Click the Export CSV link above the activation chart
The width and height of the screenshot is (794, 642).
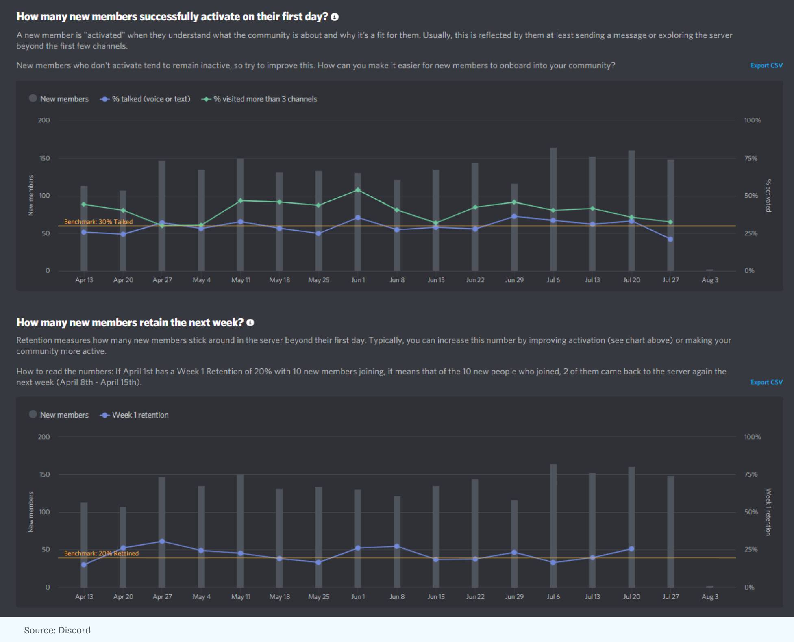[x=766, y=65]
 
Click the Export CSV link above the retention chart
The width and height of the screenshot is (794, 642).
[x=766, y=382]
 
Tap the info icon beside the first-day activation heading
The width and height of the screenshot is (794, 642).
[x=335, y=17]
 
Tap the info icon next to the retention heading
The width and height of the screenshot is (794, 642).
[x=250, y=322]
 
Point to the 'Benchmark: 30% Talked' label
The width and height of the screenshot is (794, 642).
[x=98, y=222]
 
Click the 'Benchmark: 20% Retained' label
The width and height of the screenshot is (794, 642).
[x=101, y=553]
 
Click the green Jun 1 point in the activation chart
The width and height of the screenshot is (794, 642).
[x=358, y=190]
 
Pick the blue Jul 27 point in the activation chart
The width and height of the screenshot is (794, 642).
[x=670, y=239]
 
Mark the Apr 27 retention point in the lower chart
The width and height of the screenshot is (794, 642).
[x=162, y=541]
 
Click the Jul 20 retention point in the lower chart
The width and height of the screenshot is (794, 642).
[x=631, y=549]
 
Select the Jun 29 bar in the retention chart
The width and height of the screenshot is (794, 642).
[x=514, y=545]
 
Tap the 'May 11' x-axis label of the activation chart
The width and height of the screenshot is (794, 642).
[x=241, y=280]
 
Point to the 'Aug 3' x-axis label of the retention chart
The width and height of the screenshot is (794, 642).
[x=710, y=596]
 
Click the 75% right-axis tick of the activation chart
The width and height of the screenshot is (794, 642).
[x=750, y=158]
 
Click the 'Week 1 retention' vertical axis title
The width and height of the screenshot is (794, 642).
[x=768, y=512]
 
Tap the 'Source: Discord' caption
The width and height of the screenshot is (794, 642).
[x=57, y=630]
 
